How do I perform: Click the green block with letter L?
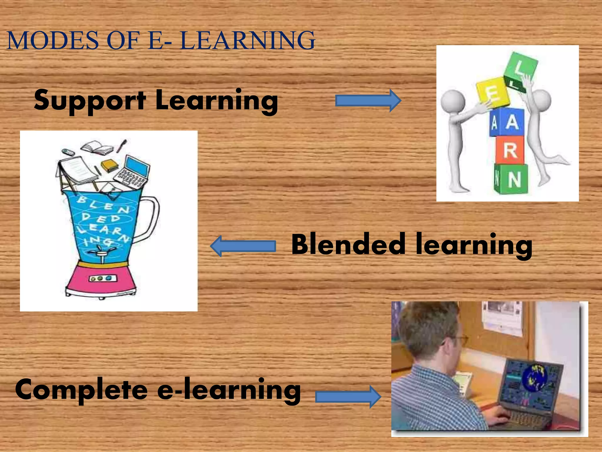tap(520, 71)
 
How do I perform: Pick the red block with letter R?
tap(510, 150)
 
